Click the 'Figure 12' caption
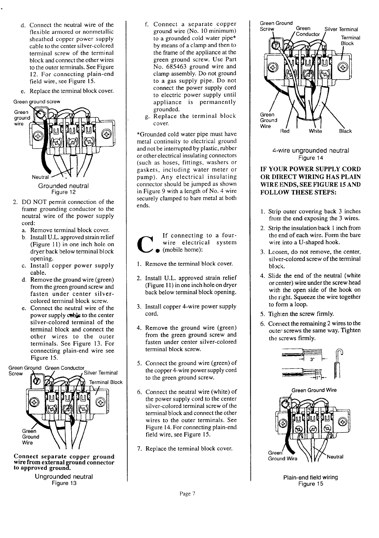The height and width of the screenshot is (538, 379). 63,192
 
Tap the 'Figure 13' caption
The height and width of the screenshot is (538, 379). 64,483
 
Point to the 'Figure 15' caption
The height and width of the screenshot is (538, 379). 310,484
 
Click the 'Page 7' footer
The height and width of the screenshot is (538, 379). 188,494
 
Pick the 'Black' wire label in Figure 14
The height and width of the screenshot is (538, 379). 345,131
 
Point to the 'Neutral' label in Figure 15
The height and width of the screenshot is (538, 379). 335,457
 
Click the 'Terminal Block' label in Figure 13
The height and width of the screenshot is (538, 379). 106,382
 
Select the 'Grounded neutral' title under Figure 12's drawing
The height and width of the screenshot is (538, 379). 63,186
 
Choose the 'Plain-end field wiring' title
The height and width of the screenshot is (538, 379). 310,477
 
